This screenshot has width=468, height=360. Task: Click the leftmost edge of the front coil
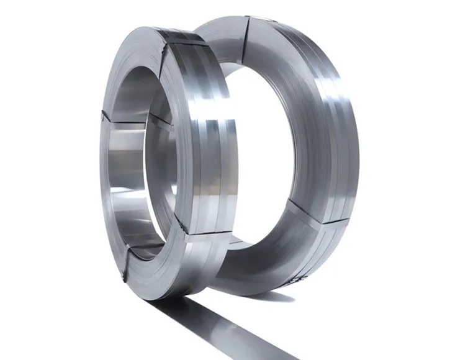pyautogui.click(x=97, y=161)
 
